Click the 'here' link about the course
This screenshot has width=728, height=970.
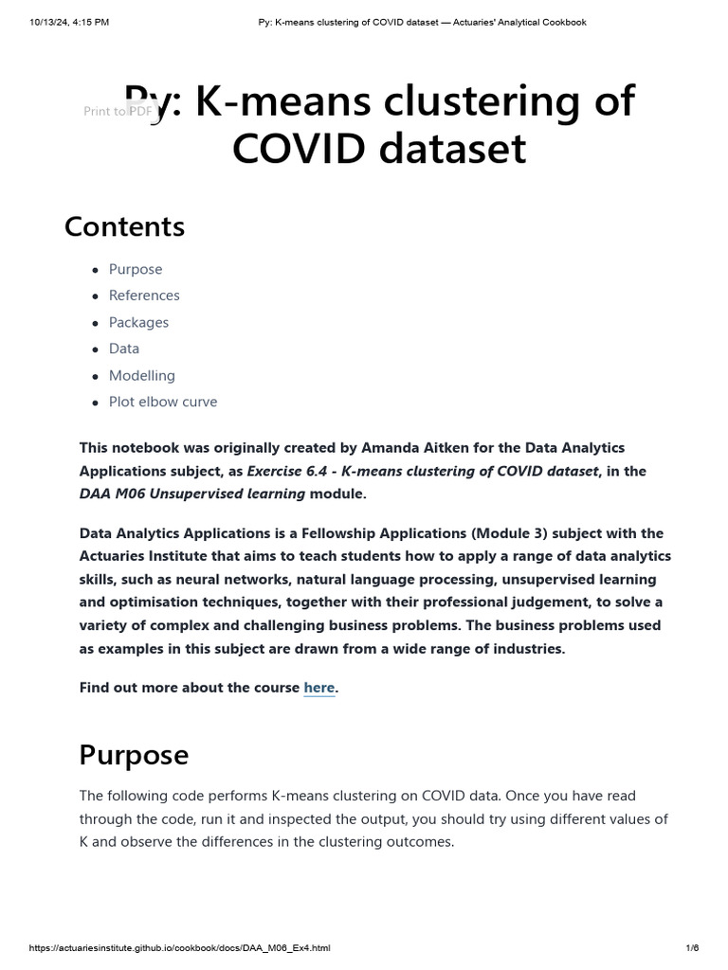(318, 688)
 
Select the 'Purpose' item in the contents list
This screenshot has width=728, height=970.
(136, 269)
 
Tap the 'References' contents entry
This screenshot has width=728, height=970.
(144, 296)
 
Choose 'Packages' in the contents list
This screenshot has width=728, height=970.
(138, 322)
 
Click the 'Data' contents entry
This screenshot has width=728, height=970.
(124, 349)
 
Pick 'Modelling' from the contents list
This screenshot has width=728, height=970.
(142, 375)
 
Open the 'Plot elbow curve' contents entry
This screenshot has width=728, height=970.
(163, 402)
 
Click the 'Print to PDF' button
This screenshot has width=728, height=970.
(118, 111)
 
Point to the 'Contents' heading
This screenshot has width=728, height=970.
(124, 227)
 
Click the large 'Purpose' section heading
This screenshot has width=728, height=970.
(134, 755)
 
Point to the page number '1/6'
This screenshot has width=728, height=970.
(691, 948)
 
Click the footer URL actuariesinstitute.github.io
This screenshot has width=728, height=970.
(179, 948)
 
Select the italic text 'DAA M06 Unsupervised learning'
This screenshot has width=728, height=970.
(192, 494)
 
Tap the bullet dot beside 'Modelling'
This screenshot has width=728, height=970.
(96, 376)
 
